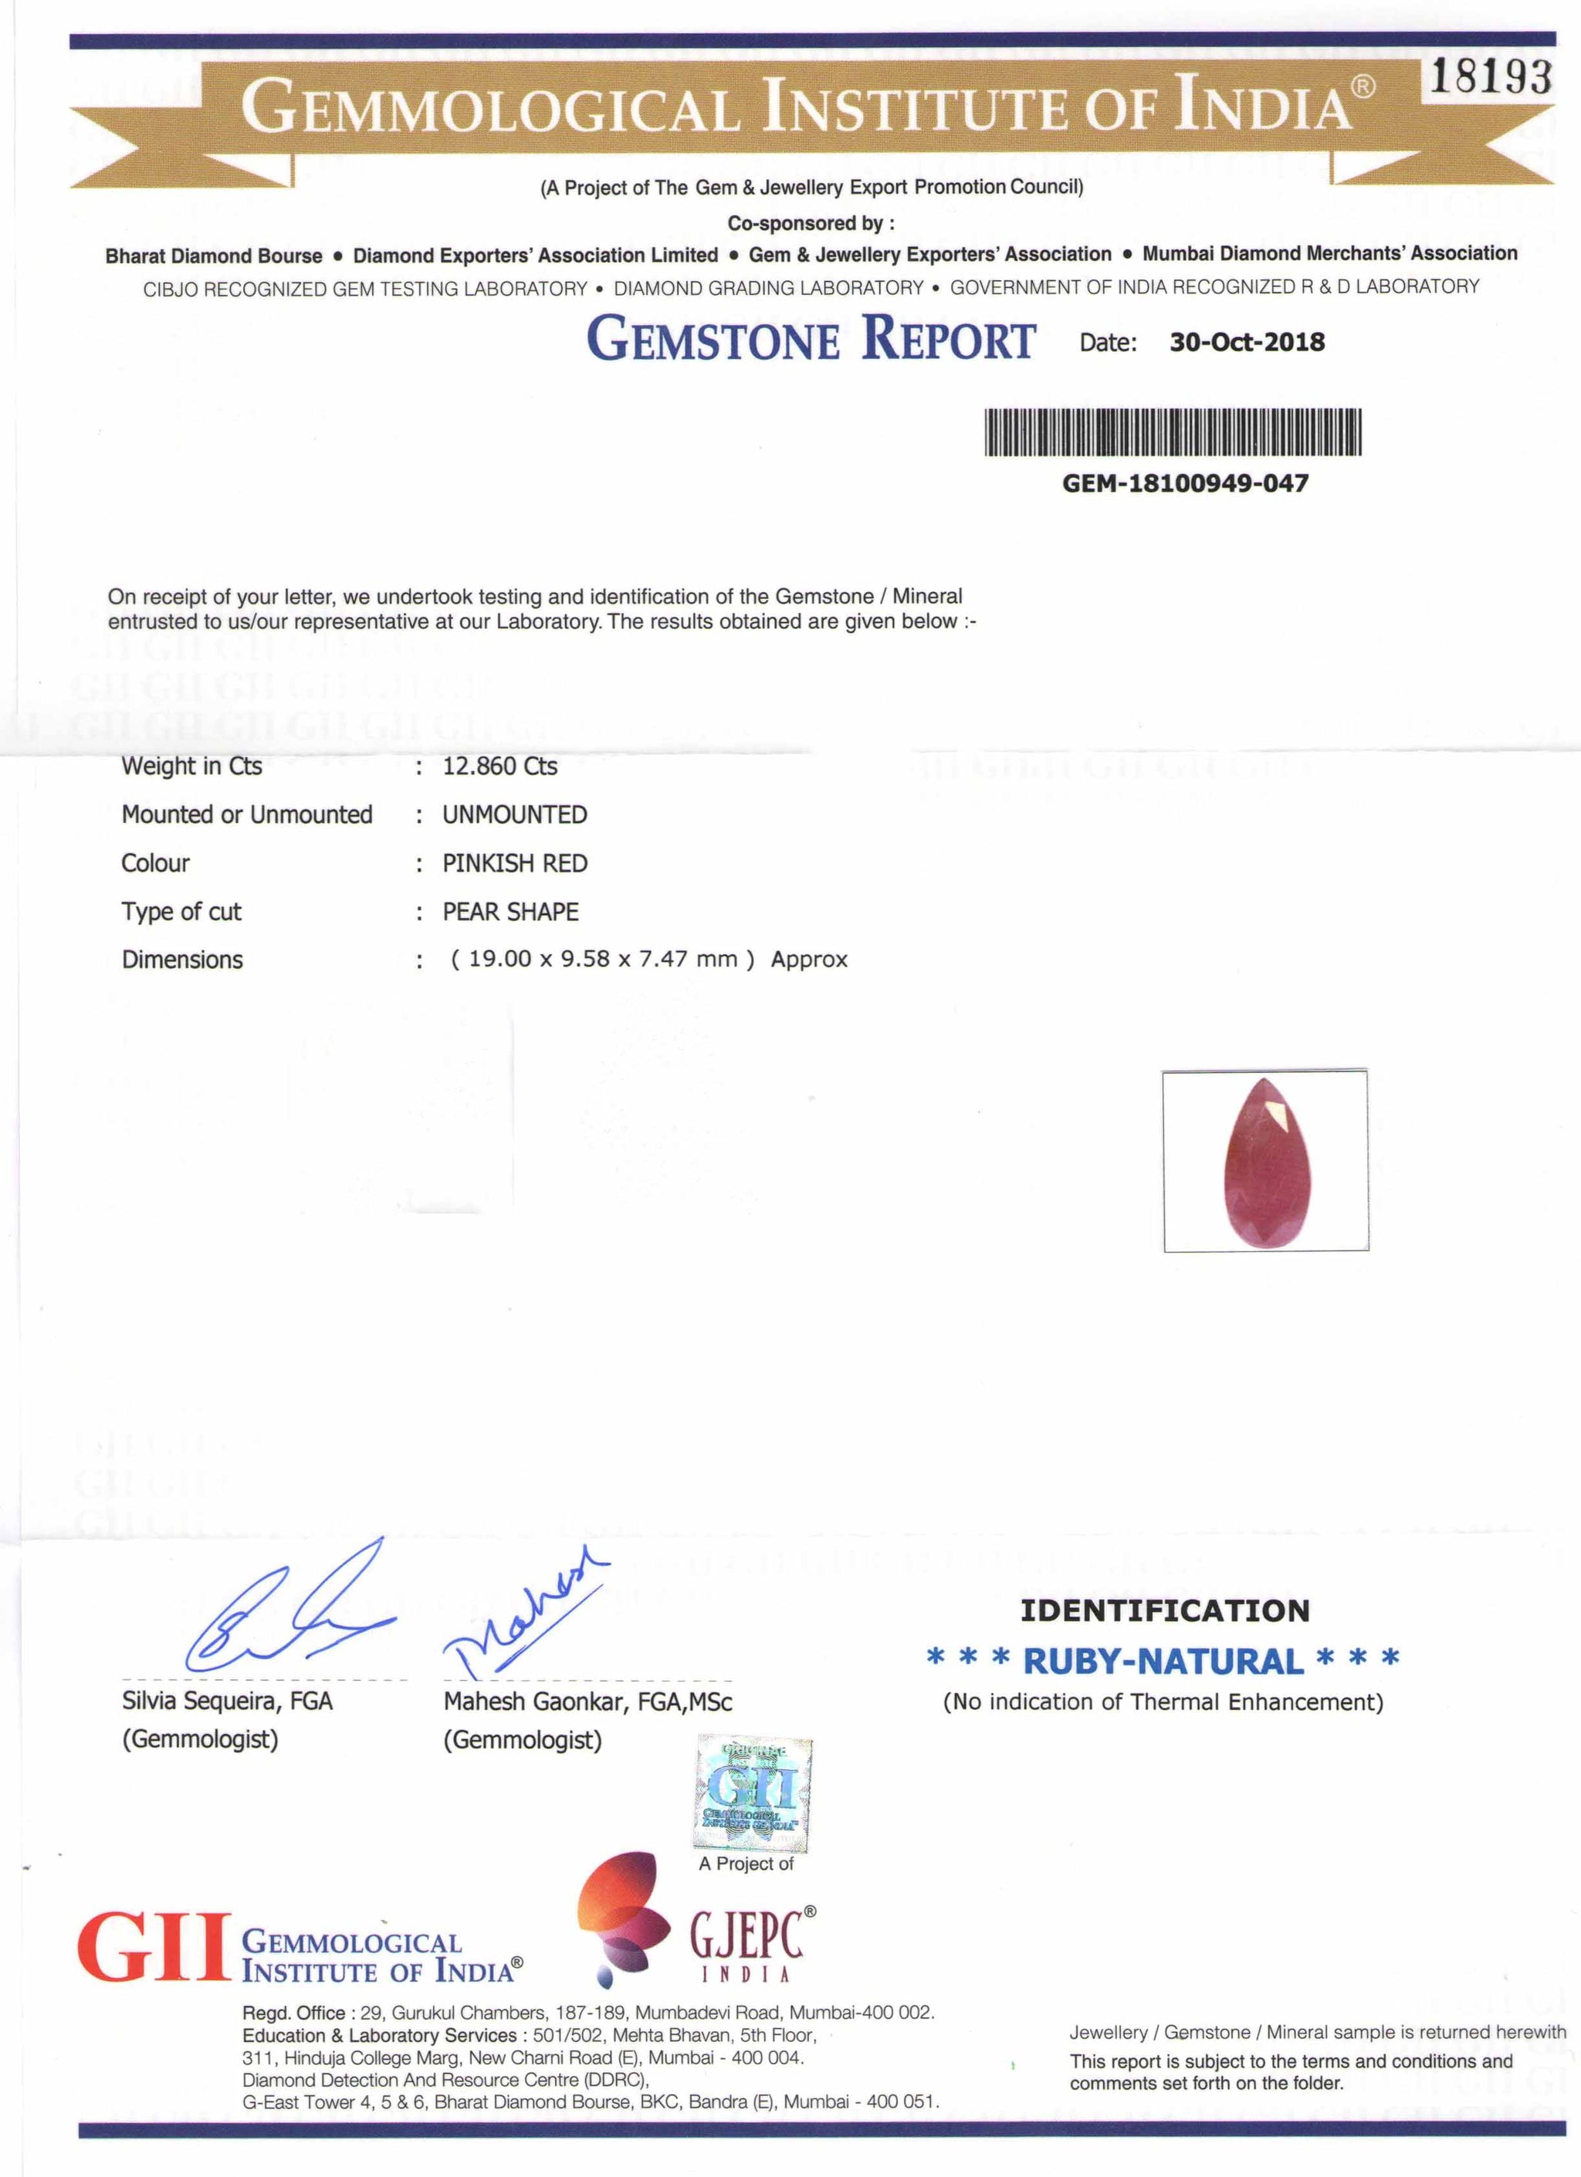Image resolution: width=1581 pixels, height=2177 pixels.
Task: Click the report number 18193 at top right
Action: coord(1490,76)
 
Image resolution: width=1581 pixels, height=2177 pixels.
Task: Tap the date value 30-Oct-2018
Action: coord(1246,343)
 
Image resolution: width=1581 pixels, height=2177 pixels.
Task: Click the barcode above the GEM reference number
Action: coord(1173,432)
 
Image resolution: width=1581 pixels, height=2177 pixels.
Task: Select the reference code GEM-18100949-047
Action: coord(1184,482)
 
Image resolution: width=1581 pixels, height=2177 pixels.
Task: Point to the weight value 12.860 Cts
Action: coord(499,766)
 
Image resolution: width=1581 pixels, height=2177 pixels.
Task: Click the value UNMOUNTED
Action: coord(515,815)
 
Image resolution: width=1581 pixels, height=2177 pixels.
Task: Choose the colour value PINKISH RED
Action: coord(515,864)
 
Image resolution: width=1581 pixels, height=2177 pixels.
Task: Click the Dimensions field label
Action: coord(182,960)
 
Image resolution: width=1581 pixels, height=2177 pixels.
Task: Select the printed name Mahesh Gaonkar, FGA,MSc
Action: coord(587,1702)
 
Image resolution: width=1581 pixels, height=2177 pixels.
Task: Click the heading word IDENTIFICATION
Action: coord(1164,1610)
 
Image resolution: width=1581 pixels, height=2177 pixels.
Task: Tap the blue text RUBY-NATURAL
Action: coord(1163,1661)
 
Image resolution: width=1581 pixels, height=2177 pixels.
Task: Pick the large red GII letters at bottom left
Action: coord(154,1948)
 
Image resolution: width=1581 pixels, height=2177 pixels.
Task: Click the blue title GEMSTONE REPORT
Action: coord(811,339)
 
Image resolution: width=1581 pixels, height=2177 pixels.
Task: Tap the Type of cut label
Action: coord(181,912)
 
